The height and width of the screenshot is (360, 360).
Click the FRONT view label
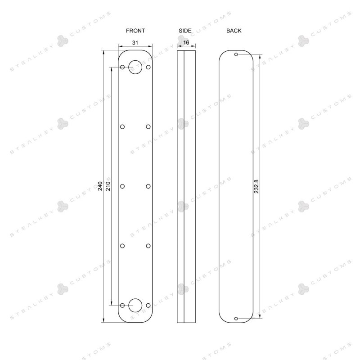click(x=135, y=31)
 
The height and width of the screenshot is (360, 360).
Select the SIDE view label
click(x=185, y=31)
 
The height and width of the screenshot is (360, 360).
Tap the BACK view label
click(x=234, y=31)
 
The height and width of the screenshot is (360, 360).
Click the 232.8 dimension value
click(x=256, y=186)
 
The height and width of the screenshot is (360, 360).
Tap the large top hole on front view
click(x=135, y=67)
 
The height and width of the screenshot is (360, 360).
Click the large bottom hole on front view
click(x=135, y=305)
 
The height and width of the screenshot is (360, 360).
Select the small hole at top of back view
click(x=236, y=54)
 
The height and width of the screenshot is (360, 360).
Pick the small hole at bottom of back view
click(x=236, y=318)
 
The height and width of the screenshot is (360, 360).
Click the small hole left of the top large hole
click(x=122, y=67)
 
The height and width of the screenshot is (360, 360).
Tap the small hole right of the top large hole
click(x=148, y=67)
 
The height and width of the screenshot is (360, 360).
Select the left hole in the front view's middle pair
click(x=122, y=186)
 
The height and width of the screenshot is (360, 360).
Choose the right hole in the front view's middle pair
click(x=148, y=186)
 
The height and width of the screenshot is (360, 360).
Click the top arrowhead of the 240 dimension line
click(x=104, y=52)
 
